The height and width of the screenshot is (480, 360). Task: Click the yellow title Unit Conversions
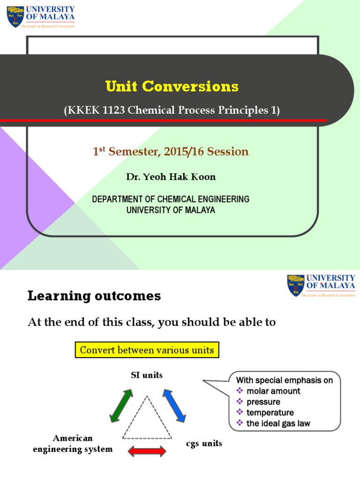172,87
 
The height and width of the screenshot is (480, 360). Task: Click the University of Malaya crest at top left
15,16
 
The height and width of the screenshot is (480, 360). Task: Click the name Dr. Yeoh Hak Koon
171,177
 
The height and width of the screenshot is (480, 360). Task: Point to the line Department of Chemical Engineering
171,199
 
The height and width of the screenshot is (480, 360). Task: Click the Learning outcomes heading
94,296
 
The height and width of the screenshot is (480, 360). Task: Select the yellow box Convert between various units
147,350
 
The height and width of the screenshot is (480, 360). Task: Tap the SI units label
147,375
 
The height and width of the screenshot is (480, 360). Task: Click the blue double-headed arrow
175,404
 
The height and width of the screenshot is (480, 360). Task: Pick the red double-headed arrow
147,451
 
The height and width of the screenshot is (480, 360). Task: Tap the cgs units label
202,443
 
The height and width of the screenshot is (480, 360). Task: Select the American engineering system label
73,443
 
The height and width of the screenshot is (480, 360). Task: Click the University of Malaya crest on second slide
296,286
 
